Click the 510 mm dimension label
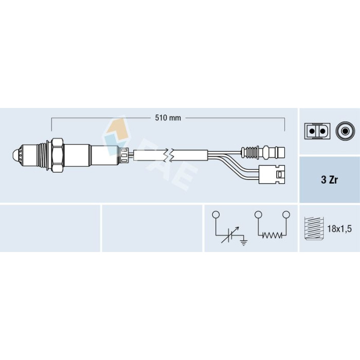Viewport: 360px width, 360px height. (x=168, y=118)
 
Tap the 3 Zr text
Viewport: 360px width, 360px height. (x=329, y=180)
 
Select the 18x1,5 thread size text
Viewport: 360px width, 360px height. (x=339, y=229)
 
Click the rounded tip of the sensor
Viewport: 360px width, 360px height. (x=16, y=155)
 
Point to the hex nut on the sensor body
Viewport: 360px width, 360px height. (x=58, y=155)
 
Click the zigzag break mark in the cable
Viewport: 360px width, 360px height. (x=169, y=155)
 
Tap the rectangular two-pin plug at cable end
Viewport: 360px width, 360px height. (x=272, y=174)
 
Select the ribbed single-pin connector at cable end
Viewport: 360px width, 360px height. (x=263, y=152)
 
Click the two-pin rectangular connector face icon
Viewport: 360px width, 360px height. (x=317, y=131)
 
